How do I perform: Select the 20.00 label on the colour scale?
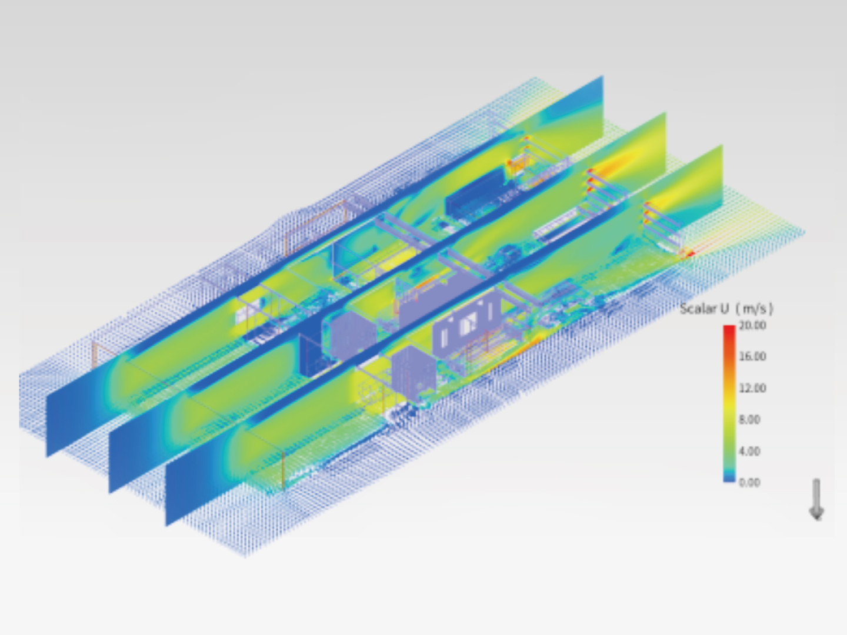(x=752, y=325)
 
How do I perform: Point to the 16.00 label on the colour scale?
(x=752, y=356)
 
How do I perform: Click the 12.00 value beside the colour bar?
(x=752, y=388)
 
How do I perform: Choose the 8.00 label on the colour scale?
(x=749, y=419)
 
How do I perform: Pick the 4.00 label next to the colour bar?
(x=749, y=451)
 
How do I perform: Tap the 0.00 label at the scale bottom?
(x=749, y=482)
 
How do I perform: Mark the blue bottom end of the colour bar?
(x=729, y=479)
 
